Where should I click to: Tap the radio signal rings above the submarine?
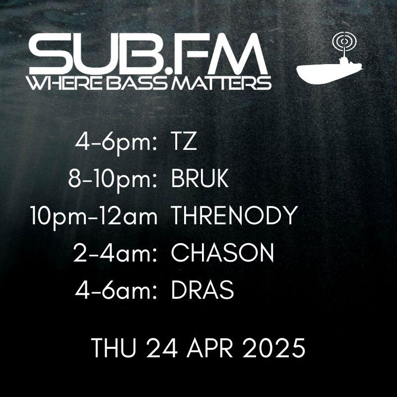[x=344, y=41]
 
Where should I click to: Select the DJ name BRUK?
[x=200, y=179]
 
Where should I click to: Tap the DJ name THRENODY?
[x=234, y=215]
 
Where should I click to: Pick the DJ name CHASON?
[x=222, y=253]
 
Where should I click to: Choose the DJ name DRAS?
[x=202, y=290]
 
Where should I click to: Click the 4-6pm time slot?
[x=116, y=144]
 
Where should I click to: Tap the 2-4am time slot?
[x=115, y=253]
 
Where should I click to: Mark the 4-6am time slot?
[x=116, y=290]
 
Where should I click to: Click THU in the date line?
[x=114, y=348]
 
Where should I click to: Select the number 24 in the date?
[x=162, y=348]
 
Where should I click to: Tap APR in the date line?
[x=210, y=348]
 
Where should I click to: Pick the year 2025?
[x=274, y=348]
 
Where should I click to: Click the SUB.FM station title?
[x=148, y=54]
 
